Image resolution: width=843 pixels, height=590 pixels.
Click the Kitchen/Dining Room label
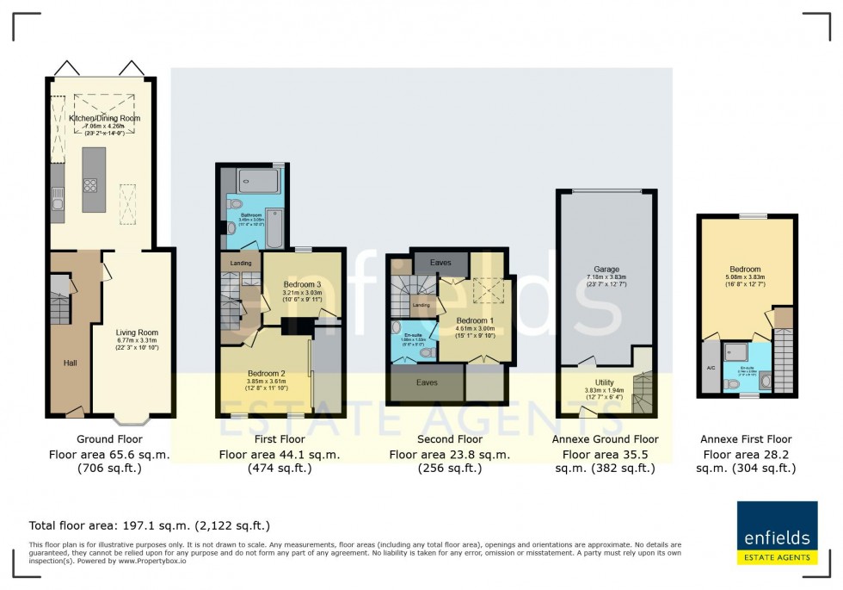click(104, 118)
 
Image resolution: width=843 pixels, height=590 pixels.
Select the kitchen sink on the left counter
click(57, 204)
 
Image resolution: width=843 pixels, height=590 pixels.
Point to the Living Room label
click(137, 332)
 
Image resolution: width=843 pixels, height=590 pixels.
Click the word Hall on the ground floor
click(70, 363)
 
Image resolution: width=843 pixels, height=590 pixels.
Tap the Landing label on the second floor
click(421, 305)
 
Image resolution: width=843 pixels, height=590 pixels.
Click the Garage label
click(607, 270)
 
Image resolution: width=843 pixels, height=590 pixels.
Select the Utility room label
click(605, 382)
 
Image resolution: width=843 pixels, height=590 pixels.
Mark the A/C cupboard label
click(711, 368)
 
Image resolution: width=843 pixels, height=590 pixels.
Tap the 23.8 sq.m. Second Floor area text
click(449, 454)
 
